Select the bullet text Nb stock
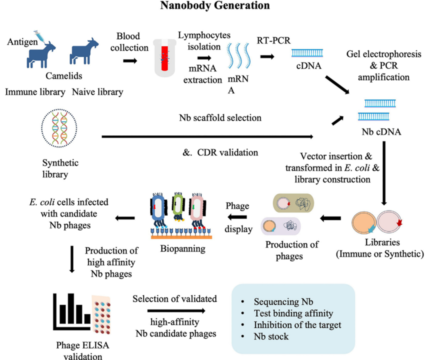[x=271, y=336]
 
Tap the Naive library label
[x=97, y=92]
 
